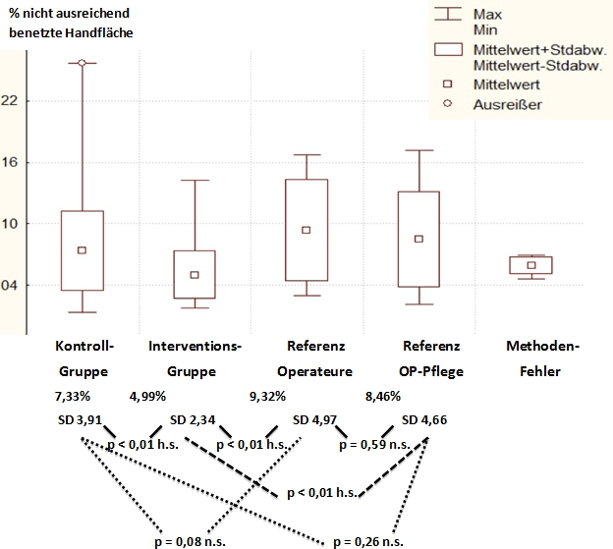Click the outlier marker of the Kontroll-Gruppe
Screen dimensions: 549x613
83,63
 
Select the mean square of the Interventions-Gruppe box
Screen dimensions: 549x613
195,275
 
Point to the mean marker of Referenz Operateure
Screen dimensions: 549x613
306,230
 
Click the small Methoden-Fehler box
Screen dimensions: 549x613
531,265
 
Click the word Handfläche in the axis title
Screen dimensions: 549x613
99,33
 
